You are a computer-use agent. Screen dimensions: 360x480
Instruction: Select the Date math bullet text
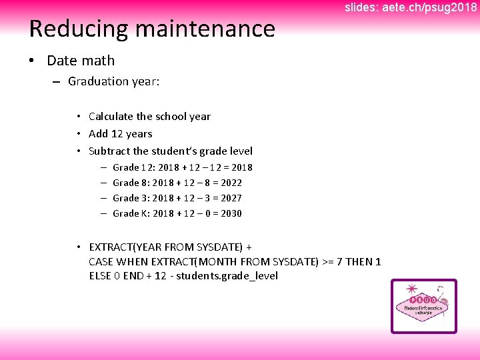[x=81, y=61]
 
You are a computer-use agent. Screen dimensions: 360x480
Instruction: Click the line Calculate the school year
[x=149, y=117]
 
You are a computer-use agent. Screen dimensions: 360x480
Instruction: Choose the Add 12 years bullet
[x=120, y=134]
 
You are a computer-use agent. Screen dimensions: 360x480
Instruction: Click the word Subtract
[x=109, y=151]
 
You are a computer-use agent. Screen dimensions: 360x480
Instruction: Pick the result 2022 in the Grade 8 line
[x=231, y=183]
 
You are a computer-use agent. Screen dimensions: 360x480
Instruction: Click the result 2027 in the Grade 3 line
[x=231, y=198]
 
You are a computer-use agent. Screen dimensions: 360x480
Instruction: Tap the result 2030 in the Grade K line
[x=231, y=213]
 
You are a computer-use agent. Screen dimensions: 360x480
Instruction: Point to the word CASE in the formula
[x=101, y=261]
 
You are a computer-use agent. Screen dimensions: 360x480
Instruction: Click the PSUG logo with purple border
[x=423, y=306]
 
